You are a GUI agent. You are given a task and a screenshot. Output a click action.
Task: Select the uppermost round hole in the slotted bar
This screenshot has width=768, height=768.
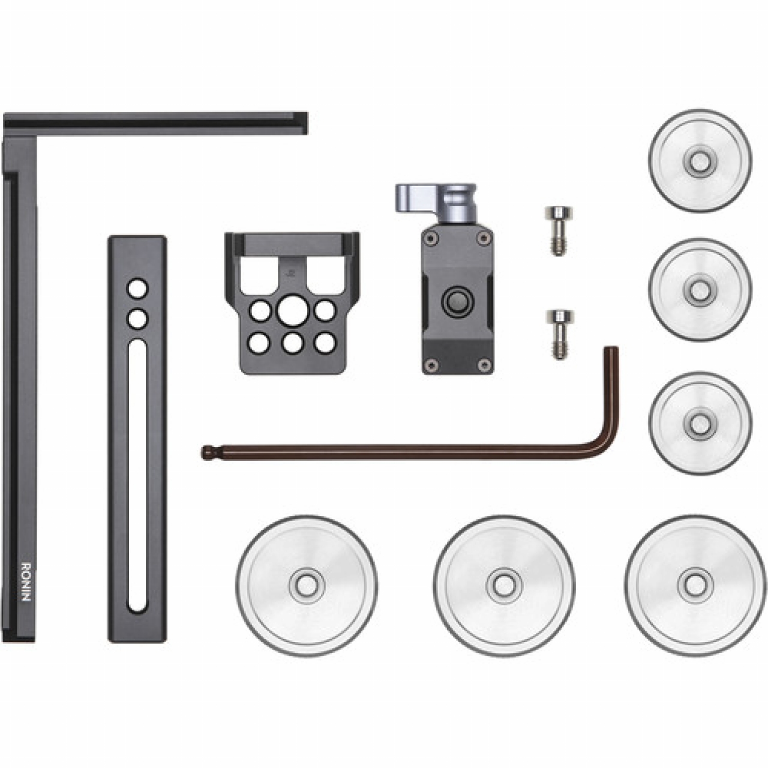137,289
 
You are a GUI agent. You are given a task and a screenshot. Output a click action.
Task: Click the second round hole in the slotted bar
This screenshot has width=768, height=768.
137,319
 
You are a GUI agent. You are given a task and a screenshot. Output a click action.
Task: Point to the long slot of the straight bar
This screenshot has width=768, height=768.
137,474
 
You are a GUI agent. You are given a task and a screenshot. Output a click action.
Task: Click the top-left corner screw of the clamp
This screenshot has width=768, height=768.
429,238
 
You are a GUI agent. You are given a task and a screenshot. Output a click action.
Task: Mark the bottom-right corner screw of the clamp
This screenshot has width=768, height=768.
484,364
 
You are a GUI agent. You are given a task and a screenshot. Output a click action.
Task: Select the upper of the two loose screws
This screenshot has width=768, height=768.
559,230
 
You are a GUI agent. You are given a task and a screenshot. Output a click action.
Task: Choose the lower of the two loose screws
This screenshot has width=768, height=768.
559,334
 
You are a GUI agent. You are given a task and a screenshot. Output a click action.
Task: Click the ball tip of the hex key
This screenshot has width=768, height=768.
206,452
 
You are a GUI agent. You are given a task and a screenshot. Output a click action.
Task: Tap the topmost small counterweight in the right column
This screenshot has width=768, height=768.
699,160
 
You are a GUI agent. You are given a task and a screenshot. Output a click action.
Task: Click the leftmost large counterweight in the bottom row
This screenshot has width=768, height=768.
307,584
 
